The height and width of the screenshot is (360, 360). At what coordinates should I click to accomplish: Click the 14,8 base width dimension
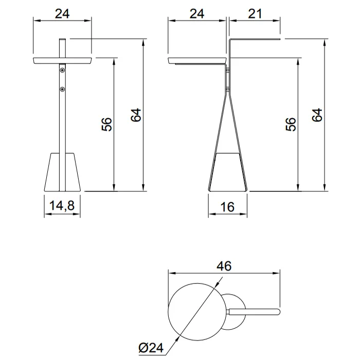pos(62,205)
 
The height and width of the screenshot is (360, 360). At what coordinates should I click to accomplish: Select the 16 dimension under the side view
pos(227,207)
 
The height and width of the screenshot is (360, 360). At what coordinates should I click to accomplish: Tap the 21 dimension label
pos(255,14)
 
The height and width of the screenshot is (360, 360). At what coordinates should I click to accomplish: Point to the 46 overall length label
pos(224,266)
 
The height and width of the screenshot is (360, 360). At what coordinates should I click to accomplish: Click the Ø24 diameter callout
pos(151,348)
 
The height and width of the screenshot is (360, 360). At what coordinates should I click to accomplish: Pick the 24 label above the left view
pos(62,14)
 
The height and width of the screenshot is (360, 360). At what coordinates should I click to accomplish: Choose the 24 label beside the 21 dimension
pos(197,14)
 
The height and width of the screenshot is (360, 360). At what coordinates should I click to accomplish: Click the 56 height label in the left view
pos(107,124)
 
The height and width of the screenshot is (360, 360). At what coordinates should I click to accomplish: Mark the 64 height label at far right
pos(317,115)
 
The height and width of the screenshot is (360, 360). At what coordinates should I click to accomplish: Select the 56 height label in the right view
pos(291,124)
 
